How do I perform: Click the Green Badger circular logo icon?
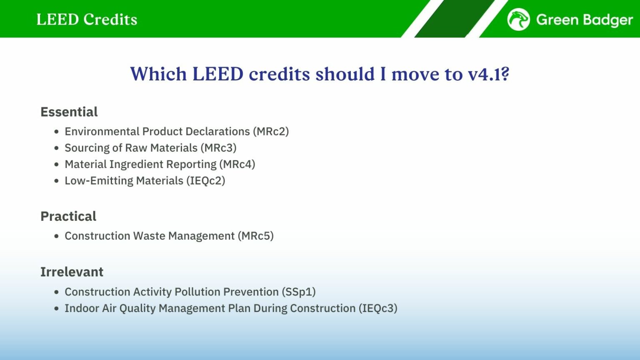click(x=518, y=19)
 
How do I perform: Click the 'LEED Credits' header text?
click(x=87, y=20)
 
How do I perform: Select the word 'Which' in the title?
click(x=158, y=74)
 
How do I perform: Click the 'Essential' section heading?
click(x=69, y=112)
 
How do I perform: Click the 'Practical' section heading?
click(x=68, y=216)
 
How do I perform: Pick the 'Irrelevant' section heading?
click(x=72, y=272)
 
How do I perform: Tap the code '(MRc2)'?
click(x=270, y=131)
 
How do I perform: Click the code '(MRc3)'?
click(x=218, y=148)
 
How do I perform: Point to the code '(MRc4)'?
click(x=237, y=164)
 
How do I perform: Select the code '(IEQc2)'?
click(x=206, y=181)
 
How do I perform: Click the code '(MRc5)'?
click(x=255, y=236)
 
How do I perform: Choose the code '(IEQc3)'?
click(x=378, y=308)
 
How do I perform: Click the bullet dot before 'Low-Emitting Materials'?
click(x=57, y=181)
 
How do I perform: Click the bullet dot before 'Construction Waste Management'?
click(x=57, y=236)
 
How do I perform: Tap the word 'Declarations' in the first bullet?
click(x=217, y=131)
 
